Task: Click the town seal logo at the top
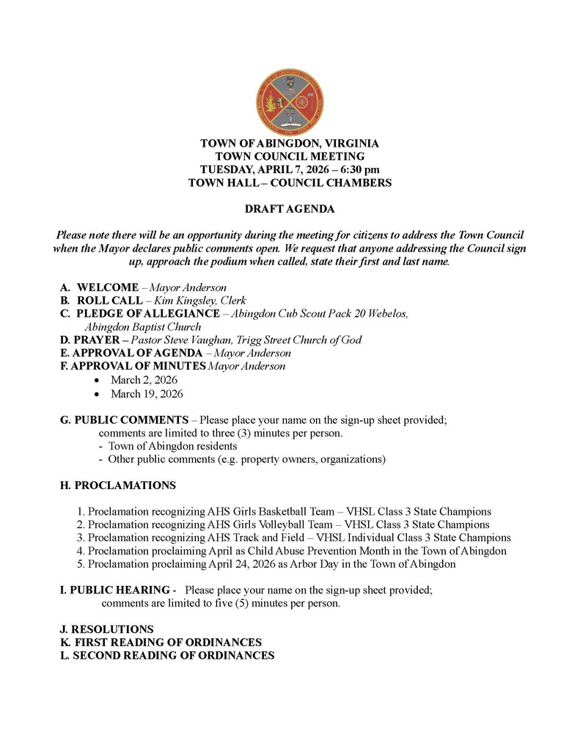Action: pyautogui.click(x=290, y=103)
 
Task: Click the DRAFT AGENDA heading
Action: pyautogui.click(x=290, y=209)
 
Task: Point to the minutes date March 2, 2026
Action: pyautogui.click(x=144, y=380)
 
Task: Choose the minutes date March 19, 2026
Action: pyautogui.click(x=147, y=394)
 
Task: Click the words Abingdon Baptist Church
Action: pyautogui.click(x=143, y=327)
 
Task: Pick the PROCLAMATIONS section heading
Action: pyautogui.click(x=117, y=486)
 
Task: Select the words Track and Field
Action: pyautogui.click(x=268, y=538)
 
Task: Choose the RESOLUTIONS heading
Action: pyautogui.click(x=106, y=629)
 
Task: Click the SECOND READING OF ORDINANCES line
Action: pyautogui.click(x=167, y=656)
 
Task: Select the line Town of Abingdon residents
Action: pyautogui.click(x=172, y=446)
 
